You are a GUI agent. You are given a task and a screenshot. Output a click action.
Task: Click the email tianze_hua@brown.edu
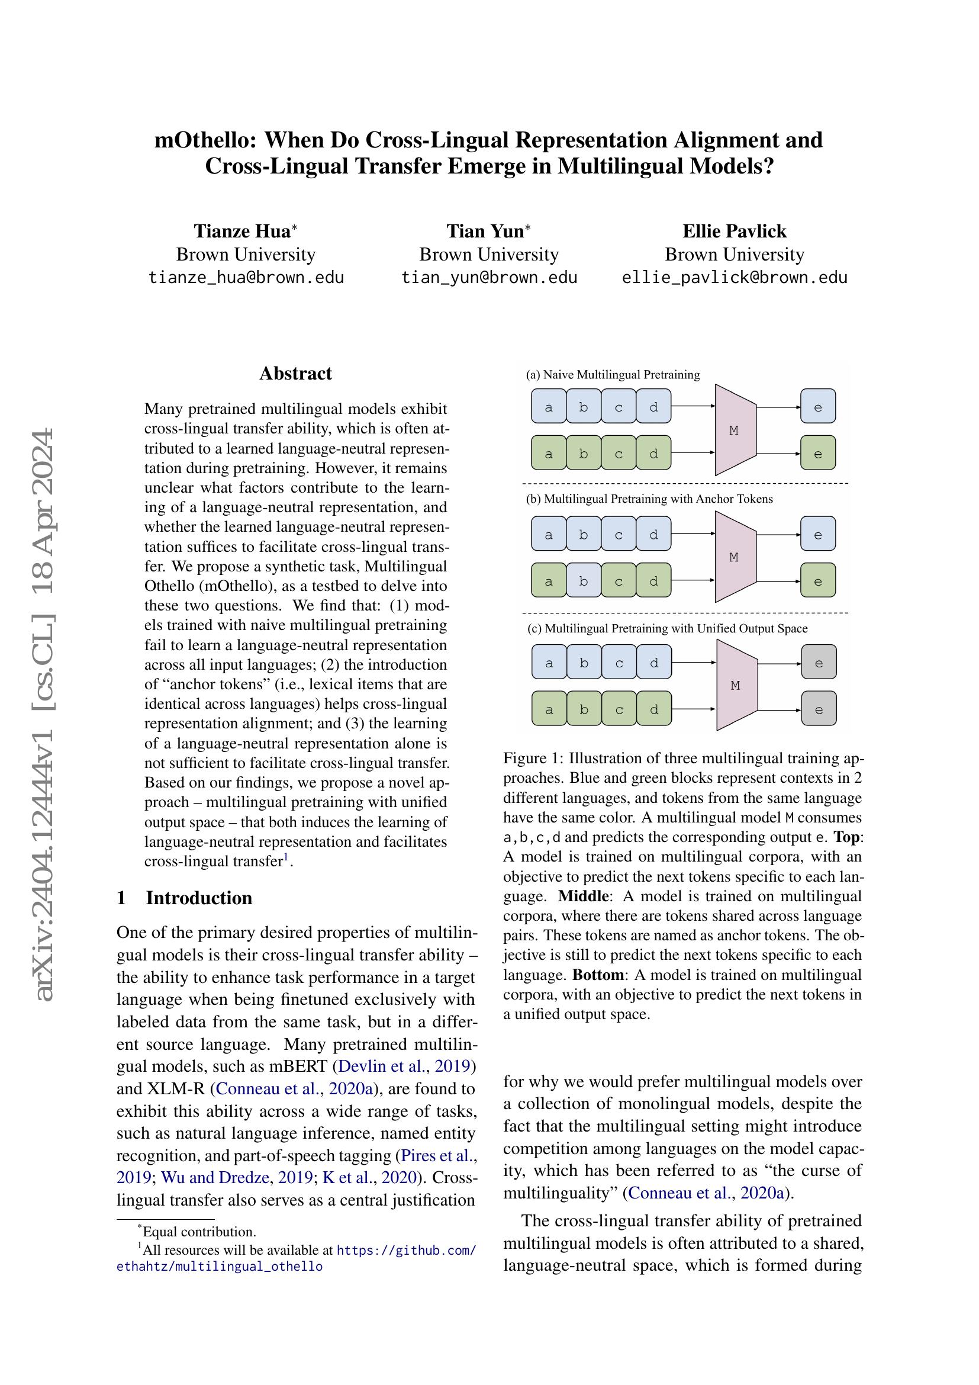[x=246, y=278]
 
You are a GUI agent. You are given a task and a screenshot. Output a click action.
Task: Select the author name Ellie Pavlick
[x=733, y=231]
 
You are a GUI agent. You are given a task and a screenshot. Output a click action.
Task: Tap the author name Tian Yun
[x=485, y=231]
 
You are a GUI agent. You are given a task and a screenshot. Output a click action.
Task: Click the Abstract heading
[x=295, y=374]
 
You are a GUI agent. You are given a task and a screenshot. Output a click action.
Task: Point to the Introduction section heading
[x=198, y=898]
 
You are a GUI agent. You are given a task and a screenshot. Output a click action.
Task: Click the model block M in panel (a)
[x=734, y=430]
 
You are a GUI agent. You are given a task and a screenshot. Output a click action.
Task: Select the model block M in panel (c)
[x=736, y=685]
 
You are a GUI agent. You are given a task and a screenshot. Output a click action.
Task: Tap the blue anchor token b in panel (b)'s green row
[x=583, y=581]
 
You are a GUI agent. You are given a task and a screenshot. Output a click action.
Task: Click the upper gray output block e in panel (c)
[x=819, y=663]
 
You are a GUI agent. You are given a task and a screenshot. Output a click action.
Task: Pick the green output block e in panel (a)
[x=818, y=454]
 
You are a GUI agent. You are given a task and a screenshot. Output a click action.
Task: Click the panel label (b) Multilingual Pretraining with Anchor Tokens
[x=649, y=499]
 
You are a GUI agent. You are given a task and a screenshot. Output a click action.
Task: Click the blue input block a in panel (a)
[x=549, y=407]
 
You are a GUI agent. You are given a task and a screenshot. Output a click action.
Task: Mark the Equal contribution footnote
[x=199, y=1232]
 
